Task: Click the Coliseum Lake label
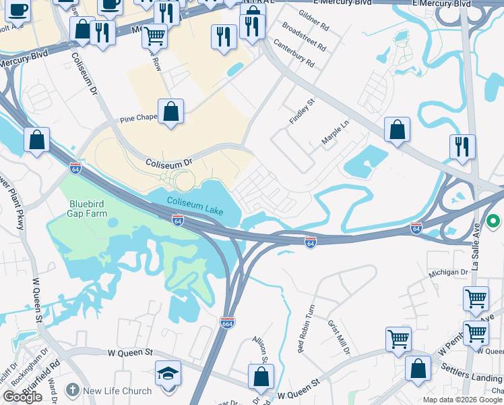195,202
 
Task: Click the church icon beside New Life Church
72,390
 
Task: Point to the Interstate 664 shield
227,323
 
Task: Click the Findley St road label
303,111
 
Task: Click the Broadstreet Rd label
305,37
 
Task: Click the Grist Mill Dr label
339,337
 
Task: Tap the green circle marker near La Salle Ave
494,221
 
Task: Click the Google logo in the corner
22,397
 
